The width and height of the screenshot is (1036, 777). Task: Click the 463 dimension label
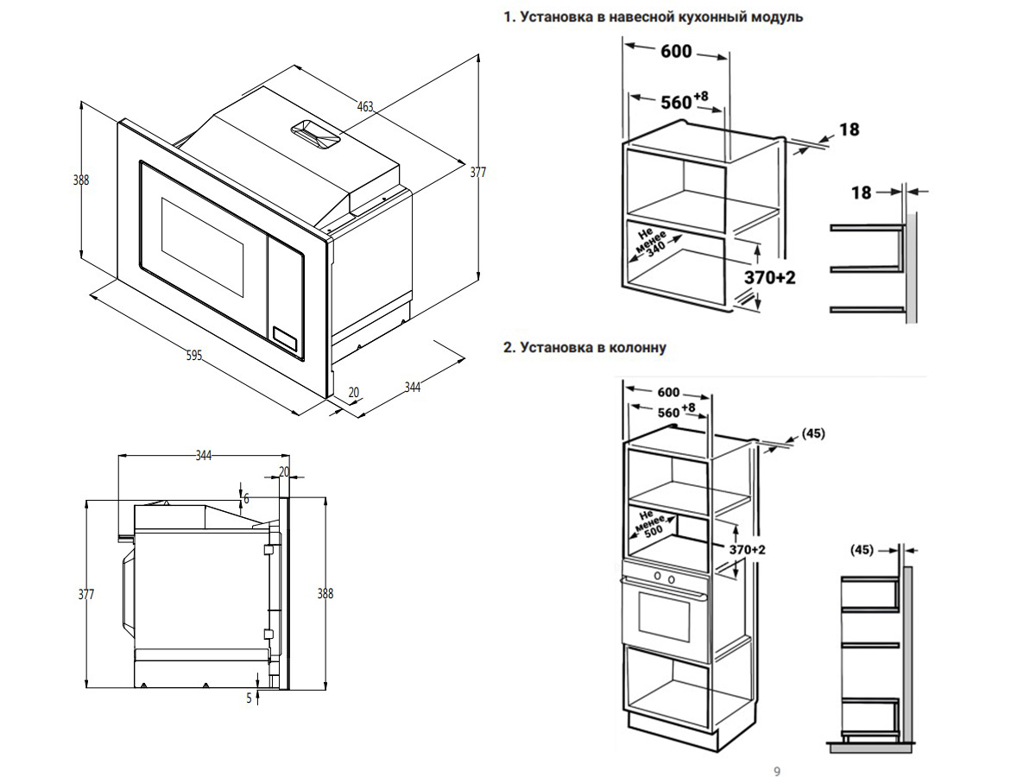[365, 107]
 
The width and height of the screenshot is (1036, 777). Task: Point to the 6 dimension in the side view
[246, 498]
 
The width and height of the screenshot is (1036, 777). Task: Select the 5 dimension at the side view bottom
[249, 698]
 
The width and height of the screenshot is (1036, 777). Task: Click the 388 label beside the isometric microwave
[81, 180]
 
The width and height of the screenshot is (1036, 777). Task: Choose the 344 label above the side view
[204, 455]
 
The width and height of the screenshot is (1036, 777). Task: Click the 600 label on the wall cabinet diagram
[676, 52]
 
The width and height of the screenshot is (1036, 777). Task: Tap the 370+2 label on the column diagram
[746, 550]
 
